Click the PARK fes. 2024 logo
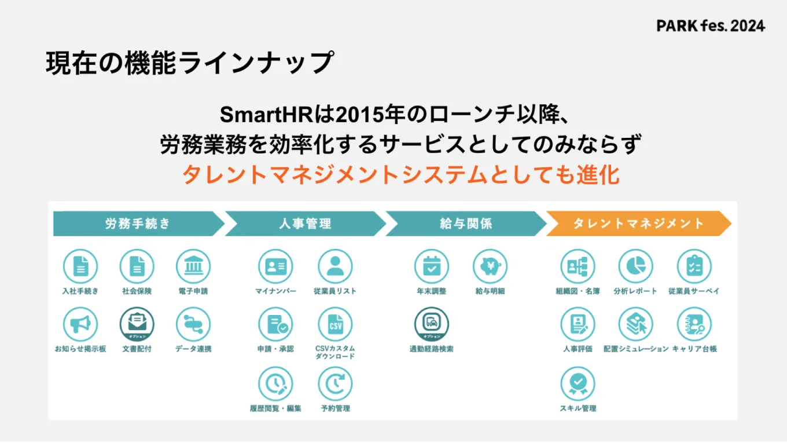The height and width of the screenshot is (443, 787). [711, 26]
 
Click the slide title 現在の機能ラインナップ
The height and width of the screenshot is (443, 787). [190, 63]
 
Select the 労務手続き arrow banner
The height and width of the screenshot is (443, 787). [138, 224]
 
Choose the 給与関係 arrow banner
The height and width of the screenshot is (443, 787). [466, 224]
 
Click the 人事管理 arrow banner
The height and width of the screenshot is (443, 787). [305, 224]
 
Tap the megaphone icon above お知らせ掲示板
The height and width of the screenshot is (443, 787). [80, 324]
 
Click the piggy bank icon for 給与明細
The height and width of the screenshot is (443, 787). [490, 266]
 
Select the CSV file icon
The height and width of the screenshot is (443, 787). [335, 324]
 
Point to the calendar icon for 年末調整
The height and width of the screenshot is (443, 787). [432, 266]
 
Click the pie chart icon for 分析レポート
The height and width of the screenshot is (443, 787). [635, 266]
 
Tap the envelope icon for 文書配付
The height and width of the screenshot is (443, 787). [137, 323]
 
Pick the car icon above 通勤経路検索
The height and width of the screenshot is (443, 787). [432, 323]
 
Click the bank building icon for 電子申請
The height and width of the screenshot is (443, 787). [193, 266]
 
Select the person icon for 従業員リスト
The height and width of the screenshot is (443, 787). [335, 266]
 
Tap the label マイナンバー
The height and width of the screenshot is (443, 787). [275, 291]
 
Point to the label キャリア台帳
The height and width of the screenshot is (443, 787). [694, 349]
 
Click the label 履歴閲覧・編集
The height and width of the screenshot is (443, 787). [275, 408]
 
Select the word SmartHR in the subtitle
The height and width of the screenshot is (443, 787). [264, 114]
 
